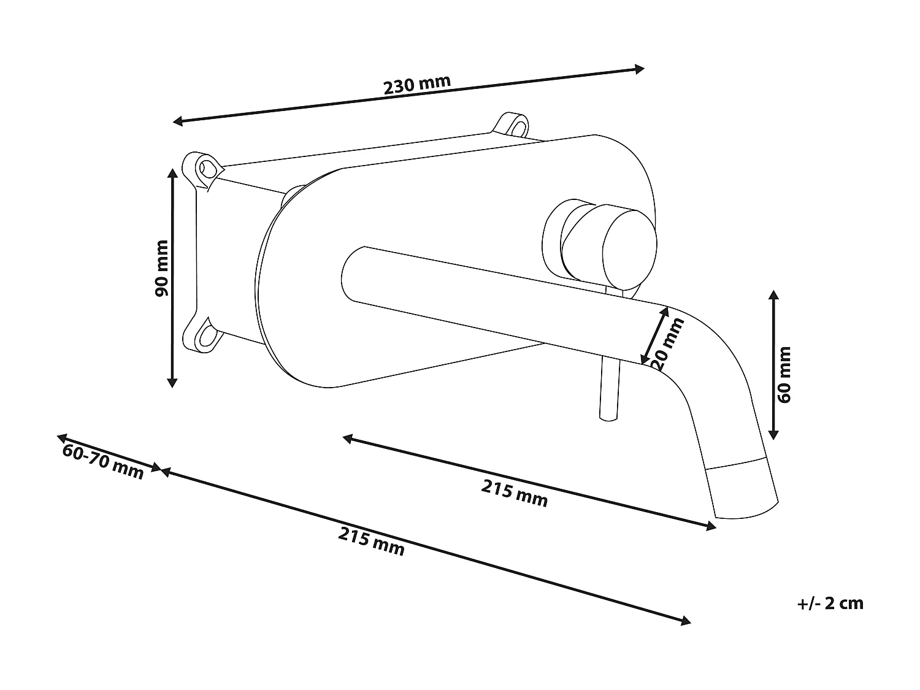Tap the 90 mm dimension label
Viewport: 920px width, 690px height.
point(161,269)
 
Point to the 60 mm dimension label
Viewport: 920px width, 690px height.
point(784,375)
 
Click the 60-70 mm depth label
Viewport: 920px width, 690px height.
point(103,461)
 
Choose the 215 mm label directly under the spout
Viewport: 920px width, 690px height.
point(514,493)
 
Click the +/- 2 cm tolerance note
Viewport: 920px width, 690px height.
point(830,604)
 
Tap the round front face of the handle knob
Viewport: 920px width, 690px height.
point(629,248)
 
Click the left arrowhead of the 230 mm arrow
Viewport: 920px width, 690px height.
point(178,121)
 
